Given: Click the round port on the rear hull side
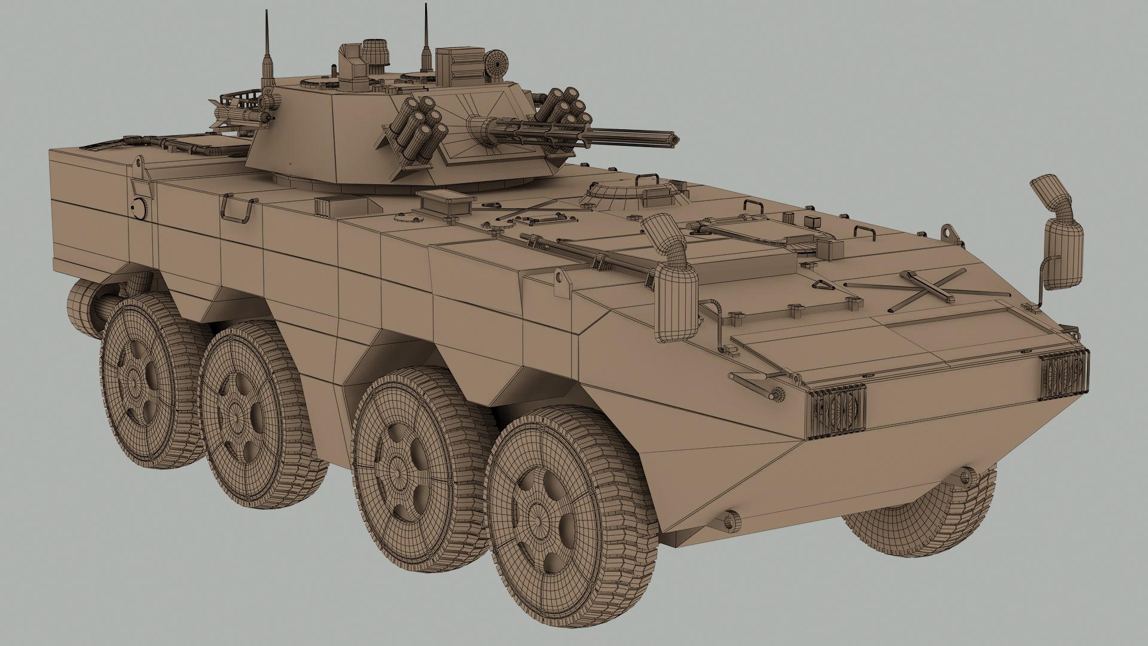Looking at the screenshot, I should (x=139, y=207).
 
